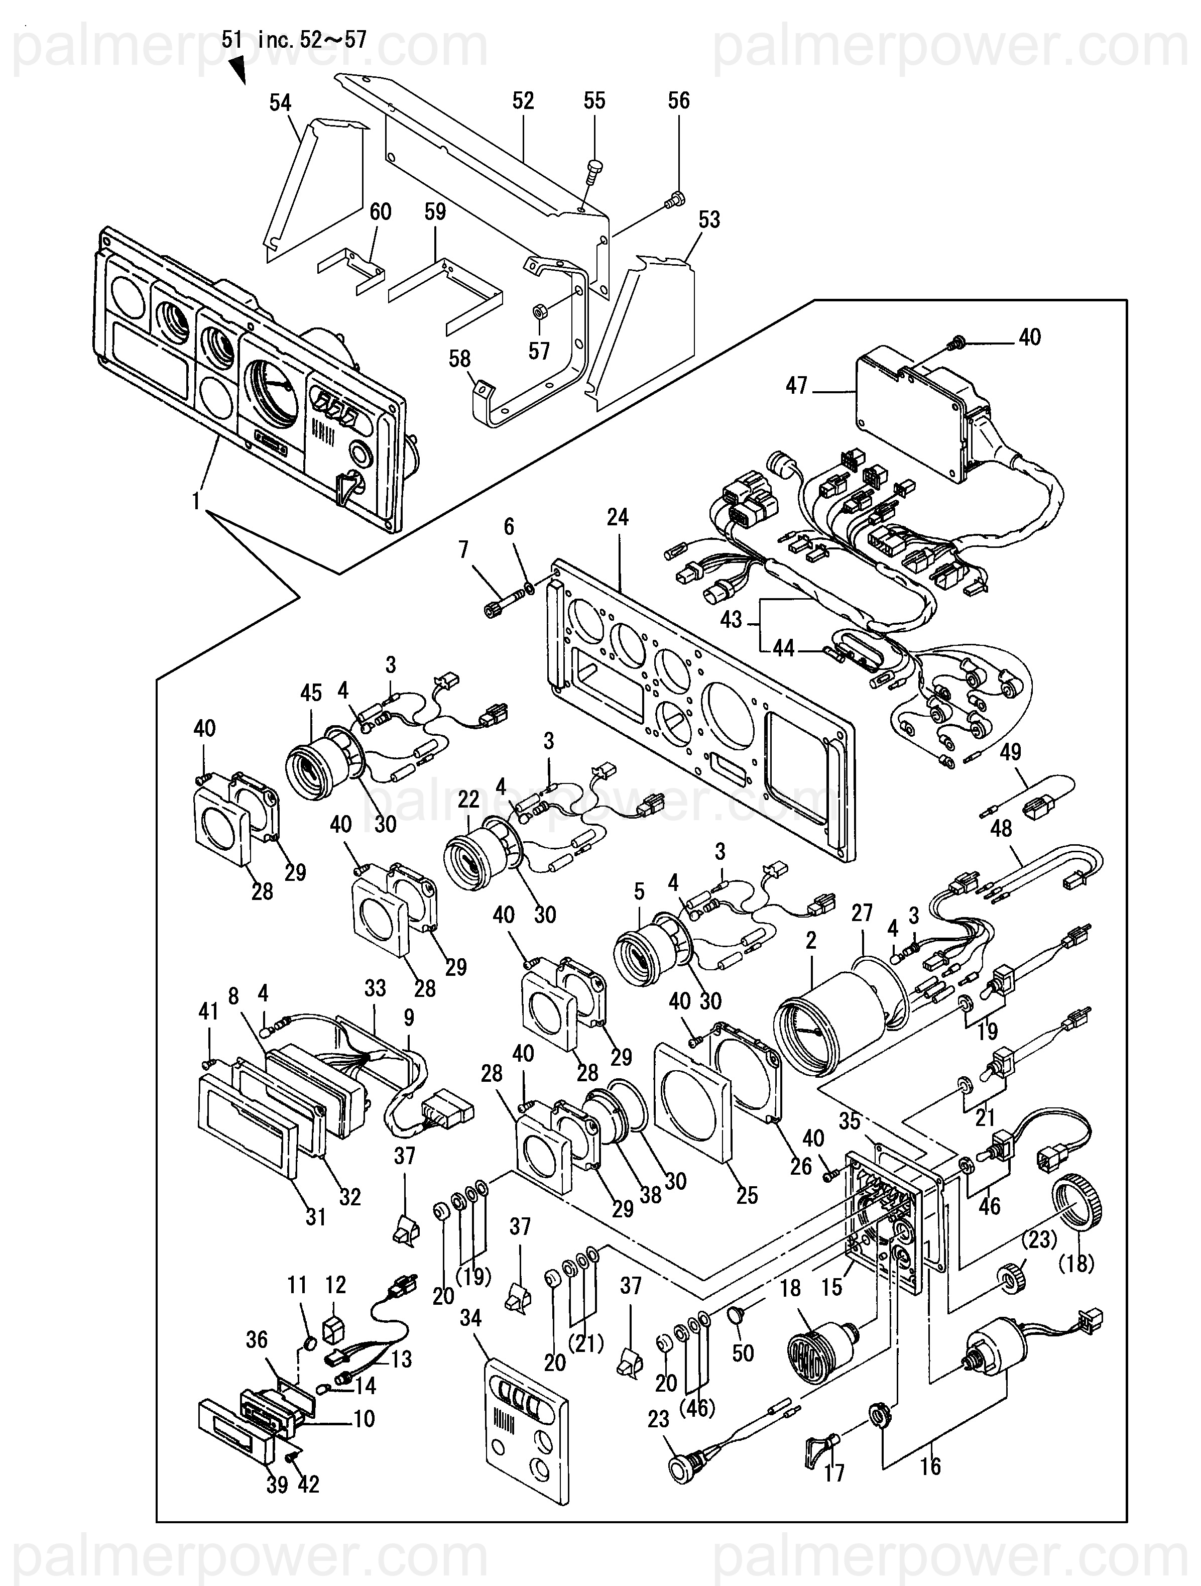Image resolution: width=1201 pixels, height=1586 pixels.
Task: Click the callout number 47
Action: tap(797, 387)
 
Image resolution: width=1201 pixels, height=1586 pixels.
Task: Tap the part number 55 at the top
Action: tap(594, 100)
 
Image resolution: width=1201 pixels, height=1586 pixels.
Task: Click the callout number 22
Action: tap(468, 800)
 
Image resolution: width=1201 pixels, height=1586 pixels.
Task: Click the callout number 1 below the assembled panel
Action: tap(196, 501)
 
